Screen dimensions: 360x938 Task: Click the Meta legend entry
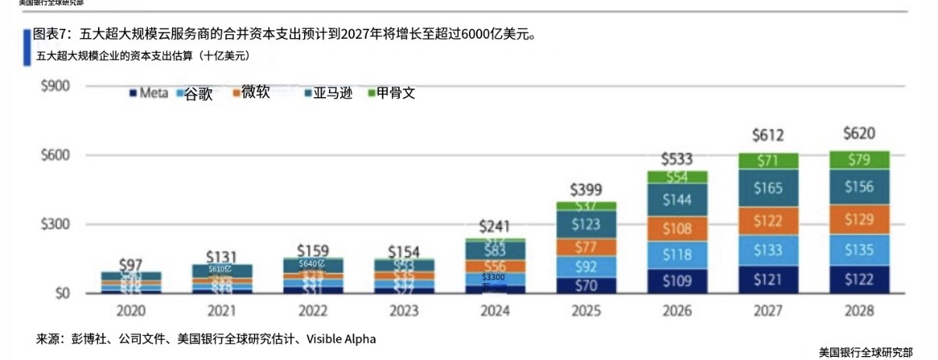point(149,93)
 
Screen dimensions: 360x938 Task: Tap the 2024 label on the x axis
point(495,311)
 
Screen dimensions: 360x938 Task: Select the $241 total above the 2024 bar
point(495,226)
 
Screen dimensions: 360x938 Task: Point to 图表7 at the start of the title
point(52,35)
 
